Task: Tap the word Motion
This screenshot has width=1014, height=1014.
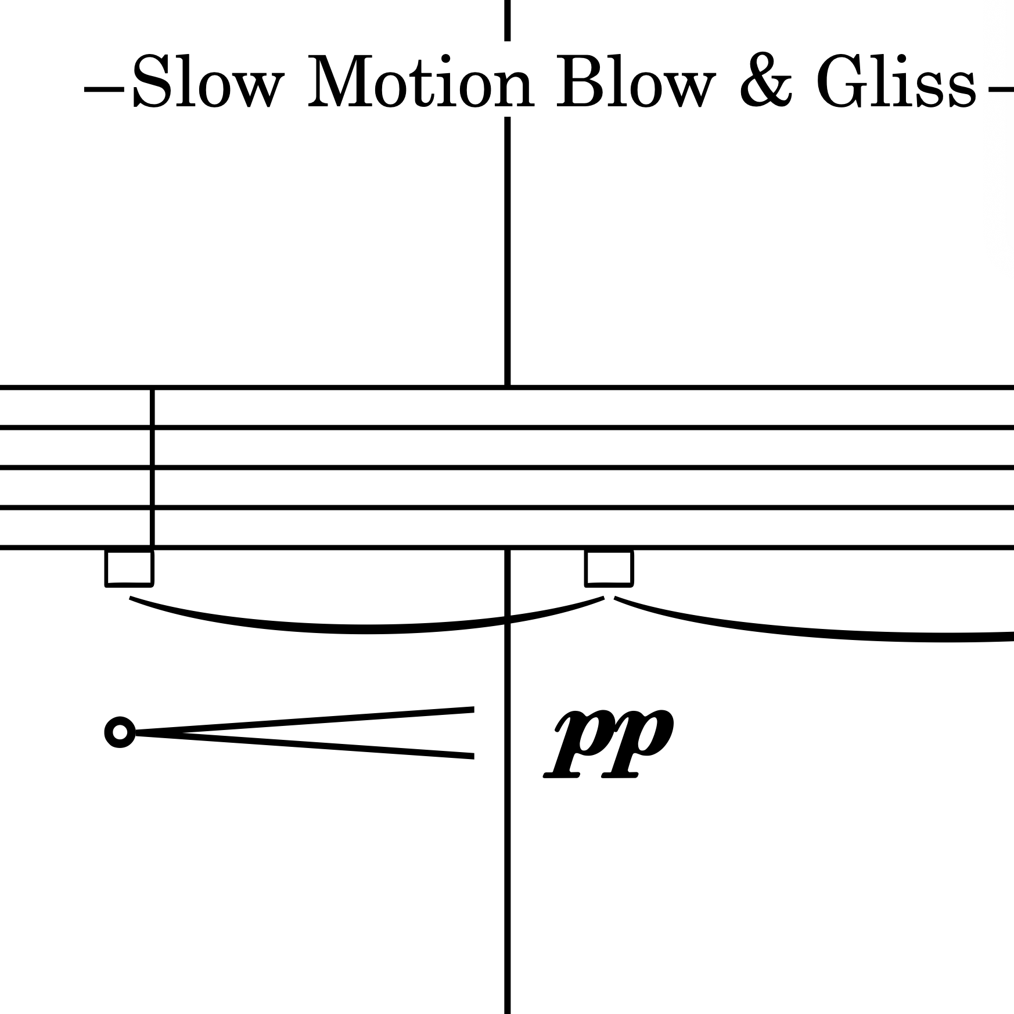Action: click(420, 82)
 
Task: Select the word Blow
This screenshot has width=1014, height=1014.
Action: click(633, 82)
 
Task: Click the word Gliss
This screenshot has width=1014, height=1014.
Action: click(896, 82)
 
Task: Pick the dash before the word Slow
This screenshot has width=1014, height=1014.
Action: click(104, 91)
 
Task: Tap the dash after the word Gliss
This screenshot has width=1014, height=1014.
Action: click(1001, 91)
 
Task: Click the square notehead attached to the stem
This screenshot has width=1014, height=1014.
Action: click(129, 567)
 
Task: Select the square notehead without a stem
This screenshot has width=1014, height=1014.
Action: click(609, 567)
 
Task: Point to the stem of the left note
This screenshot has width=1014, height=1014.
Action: click(152, 465)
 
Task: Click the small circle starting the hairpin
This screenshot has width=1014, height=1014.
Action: click(120, 732)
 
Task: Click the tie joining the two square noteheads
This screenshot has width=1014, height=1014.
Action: click(366, 628)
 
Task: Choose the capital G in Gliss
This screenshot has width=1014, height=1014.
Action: click(842, 82)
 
